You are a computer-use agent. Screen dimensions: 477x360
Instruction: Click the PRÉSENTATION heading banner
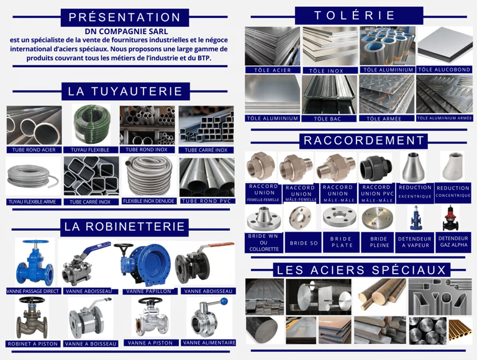(125, 17)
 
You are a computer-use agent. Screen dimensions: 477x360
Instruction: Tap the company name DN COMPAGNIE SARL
(126, 31)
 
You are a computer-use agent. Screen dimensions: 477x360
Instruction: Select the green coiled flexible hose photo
(91, 125)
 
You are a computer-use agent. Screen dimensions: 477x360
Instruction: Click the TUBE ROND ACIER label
(34, 150)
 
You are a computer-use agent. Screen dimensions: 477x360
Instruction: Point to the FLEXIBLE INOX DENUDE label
(149, 201)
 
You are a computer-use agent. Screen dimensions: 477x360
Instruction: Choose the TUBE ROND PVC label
(207, 201)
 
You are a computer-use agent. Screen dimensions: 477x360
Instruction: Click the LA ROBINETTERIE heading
(124, 227)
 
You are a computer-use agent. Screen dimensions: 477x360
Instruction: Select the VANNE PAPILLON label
(149, 291)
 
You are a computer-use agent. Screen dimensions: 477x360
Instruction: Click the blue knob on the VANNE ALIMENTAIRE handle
(224, 301)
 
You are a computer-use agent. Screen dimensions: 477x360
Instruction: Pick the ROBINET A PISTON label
(32, 344)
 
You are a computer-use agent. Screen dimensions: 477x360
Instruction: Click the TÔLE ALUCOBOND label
(444, 70)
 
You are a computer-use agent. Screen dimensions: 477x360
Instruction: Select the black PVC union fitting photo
(376, 167)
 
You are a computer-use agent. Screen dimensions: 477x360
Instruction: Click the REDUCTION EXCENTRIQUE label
(415, 192)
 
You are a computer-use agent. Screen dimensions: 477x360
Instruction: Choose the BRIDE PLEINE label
(379, 242)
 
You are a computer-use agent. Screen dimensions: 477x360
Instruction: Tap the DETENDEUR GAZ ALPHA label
(453, 241)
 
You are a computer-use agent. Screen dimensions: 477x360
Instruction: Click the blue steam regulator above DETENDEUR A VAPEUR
(415, 217)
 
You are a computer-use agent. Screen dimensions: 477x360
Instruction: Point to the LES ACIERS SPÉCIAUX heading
(361, 270)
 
